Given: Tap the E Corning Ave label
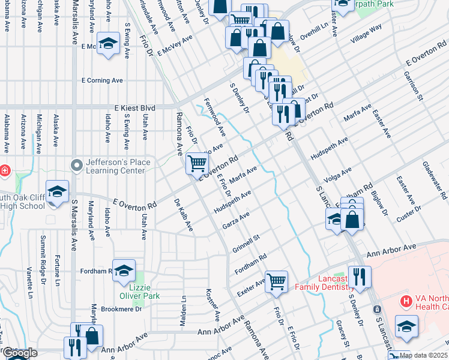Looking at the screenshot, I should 103,80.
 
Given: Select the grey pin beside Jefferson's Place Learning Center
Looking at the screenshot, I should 76,164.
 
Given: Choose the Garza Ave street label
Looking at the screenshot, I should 236,220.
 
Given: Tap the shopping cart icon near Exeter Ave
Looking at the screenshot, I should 276,280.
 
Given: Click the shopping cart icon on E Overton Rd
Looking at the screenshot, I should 197,162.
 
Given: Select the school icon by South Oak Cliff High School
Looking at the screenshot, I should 57,191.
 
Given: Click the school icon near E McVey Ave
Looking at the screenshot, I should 108,44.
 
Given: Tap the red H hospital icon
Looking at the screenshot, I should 406,301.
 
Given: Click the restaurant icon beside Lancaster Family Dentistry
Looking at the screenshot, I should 360,277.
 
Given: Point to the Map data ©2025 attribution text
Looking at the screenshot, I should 423,355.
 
